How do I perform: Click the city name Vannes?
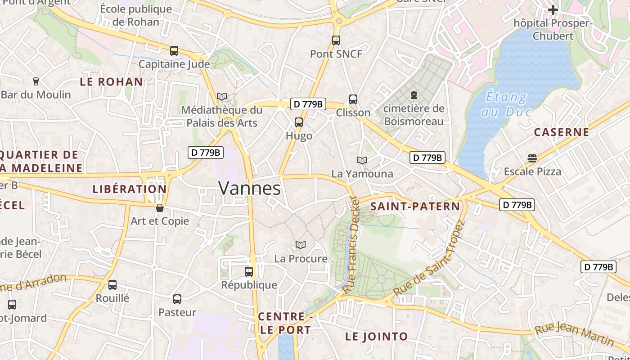(x=250, y=188)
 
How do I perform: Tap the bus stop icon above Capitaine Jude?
(x=174, y=51)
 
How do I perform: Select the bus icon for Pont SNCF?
(x=336, y=40)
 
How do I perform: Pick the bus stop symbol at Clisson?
(x=353, y=99)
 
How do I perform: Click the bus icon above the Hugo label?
(x=299, y=122)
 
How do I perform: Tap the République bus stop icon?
(x=249, y=272)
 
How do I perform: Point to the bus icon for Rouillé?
(x=112, y=285)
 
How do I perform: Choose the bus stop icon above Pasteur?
(x=177, y=299)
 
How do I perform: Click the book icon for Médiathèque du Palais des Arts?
(x=222, y=96)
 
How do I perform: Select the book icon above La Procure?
(x=301, y=245)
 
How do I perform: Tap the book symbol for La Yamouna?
(x=362, y=160)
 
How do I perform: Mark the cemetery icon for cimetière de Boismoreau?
(x=414, y=95)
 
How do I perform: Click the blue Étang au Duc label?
(x=507, y=104)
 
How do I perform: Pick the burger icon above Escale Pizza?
(x=532, y=158)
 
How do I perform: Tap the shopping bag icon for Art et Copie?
(x=159, y=208)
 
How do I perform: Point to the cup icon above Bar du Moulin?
(x=36, y=81)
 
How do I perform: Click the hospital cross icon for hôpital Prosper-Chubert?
(x=553, y=9)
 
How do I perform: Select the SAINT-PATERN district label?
(x=415, y=207)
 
